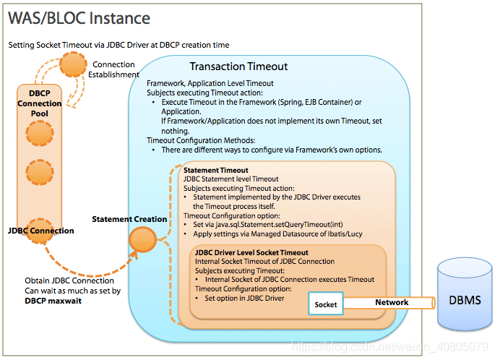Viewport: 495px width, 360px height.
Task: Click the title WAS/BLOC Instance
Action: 79,18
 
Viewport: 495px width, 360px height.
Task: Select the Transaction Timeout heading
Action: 238,67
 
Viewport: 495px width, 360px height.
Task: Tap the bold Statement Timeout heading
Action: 216,171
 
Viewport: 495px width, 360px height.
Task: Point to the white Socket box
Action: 325,304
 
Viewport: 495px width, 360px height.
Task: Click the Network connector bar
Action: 391,303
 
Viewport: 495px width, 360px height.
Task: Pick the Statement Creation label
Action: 129,219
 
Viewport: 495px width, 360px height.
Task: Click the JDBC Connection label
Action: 41,231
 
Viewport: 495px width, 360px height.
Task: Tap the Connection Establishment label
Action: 116,69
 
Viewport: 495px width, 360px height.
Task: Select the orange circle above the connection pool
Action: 73,65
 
